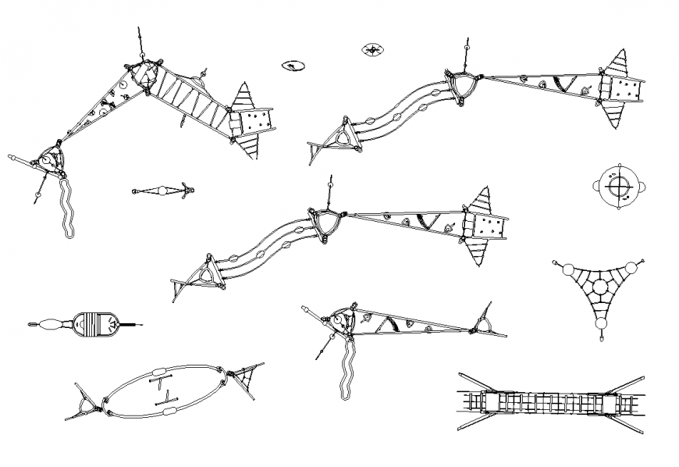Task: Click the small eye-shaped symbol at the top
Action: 373,50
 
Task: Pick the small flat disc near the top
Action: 293,66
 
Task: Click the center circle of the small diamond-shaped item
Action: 162,190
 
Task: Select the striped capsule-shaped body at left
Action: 98,323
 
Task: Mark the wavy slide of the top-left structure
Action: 68,207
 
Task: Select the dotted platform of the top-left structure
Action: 256,123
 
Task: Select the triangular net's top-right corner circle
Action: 632,267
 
